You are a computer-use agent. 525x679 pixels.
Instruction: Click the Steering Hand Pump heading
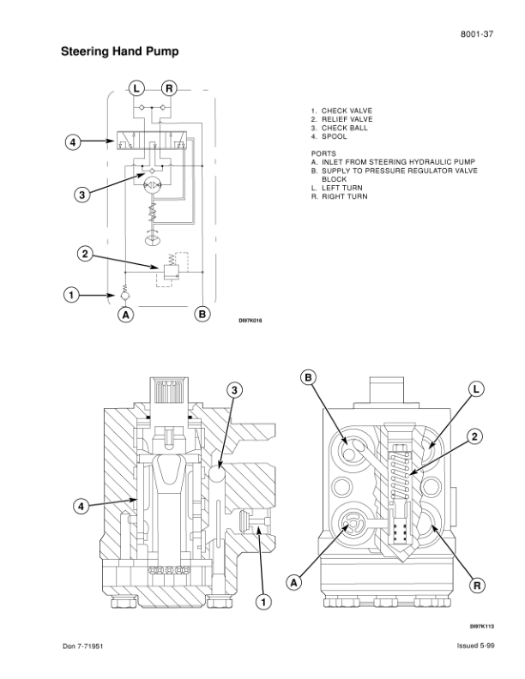pos(119,51)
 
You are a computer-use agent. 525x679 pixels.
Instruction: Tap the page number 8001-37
pos(476,34)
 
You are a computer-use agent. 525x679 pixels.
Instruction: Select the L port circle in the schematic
pos(136,89)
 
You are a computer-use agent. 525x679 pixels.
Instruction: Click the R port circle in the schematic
pos(169,89)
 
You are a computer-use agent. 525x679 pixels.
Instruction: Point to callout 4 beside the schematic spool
pos(73,142)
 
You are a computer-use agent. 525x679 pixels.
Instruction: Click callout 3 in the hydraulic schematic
pos(81,195)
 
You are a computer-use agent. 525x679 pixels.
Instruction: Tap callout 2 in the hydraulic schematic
pos(85,253)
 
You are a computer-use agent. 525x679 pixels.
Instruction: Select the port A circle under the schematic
pos(125,315)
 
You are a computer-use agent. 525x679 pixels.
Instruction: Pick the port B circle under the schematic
pos(202,314)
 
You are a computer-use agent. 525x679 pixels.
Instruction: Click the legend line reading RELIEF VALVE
pos(341,119)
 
